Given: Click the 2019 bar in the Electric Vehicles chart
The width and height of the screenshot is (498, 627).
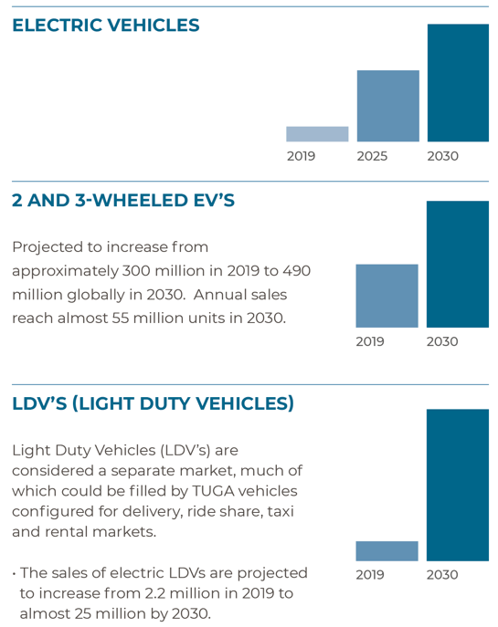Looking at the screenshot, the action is pos(317,134).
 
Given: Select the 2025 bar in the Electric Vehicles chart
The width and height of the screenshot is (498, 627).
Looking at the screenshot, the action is pos(388,106).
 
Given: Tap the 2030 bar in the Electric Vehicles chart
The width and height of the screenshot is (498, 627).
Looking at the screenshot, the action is pos(458,83).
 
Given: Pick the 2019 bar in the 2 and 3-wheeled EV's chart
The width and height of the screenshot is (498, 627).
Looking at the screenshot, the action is pos(387,296).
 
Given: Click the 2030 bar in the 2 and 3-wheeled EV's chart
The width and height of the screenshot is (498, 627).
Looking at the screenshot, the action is pos(458,265).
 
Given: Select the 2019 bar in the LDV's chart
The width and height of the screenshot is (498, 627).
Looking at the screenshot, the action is pos(387,551).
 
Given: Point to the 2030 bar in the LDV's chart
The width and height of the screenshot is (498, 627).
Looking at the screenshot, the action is pos(458,485).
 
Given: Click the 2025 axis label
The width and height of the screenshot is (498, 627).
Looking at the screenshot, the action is pos(372,156).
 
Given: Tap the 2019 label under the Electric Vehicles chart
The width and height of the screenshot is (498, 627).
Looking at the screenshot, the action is pos(301,156).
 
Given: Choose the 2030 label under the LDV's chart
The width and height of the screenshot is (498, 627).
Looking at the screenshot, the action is pos(442,575).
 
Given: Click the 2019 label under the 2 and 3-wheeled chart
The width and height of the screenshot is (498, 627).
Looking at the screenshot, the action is pos(370,341).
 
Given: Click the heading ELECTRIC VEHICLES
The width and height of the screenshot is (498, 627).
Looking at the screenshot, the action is pos(106,26).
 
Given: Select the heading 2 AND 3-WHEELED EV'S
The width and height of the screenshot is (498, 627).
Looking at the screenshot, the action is pos(123,201).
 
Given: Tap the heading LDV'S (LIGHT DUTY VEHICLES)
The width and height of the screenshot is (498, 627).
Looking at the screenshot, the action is pos(153,404).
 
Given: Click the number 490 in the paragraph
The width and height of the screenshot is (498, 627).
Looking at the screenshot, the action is pos(297,271).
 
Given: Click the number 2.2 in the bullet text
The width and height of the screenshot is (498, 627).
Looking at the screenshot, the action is pos(154,593).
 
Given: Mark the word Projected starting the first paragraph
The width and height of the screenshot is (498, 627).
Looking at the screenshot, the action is pos(48,247).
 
